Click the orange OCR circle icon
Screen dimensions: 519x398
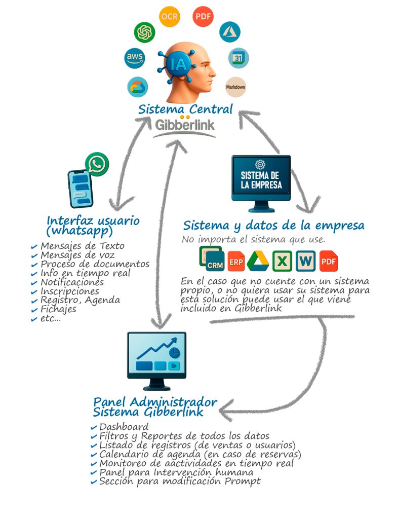click(x=169, y=17)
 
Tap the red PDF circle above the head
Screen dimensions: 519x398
click(x=203, y=17)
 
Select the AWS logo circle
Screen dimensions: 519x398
click(x=135, y=57)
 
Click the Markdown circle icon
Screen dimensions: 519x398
click(x=235, y=86)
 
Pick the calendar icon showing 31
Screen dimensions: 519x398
click(x=238, y=58)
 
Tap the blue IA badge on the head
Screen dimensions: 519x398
click(x=181, y=64)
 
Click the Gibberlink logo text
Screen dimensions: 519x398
click(x=184, y=125)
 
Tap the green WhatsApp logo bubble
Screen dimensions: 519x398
click(x=97, y=164)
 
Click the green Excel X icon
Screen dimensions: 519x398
click(x=282, y=261)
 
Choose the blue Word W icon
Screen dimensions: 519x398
click(x=306, y=261)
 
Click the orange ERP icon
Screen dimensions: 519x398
click(x=236, y=261)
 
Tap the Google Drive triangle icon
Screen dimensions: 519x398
click(x=258, y=261)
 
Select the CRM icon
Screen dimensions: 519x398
click(x=212, y=259)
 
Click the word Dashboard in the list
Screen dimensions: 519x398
click(x=124, y=427)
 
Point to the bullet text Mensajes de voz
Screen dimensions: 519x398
click(x=77, y=255)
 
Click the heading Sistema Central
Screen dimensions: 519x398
click(x=185, y=109)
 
